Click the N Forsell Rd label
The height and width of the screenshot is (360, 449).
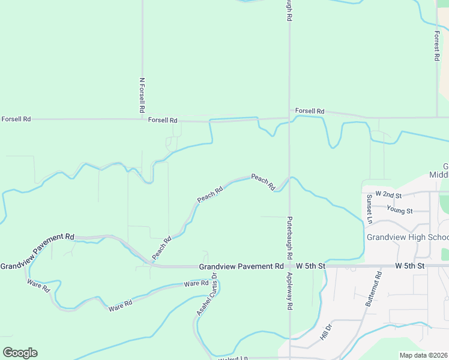click(x=142, y=95)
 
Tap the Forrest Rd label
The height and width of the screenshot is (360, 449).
click(x=437, y=46)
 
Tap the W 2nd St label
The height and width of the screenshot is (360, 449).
click(x=388, y=195)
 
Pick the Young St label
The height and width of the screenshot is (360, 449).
click(x=400, y=211)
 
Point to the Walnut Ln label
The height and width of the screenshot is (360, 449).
click(x=232, y=358)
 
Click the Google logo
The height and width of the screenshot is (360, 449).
click(x=20, y=352)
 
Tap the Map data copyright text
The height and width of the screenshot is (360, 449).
click(x=424, y=355)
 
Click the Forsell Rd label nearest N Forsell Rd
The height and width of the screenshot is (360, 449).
click(x=163, y=121)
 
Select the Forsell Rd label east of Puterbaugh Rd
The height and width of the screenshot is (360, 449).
click(x=310, y=112)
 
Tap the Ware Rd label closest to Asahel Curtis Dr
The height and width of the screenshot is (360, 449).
click(x=196, y=283)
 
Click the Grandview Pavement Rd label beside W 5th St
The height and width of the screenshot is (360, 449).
click(x=241, y=266)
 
